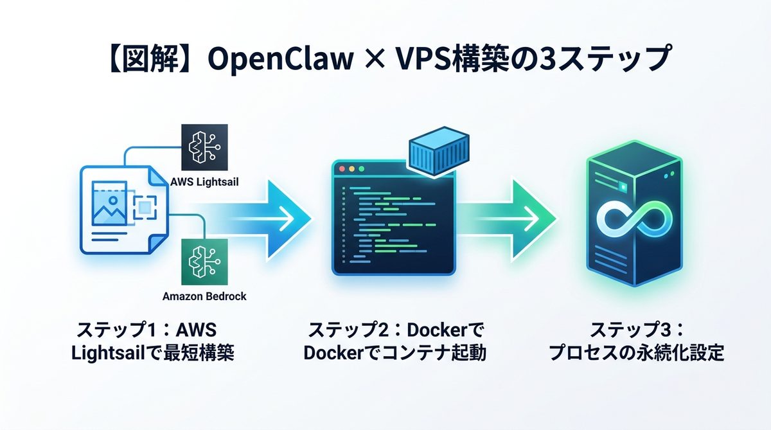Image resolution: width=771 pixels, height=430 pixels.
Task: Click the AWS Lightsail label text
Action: (205, 182)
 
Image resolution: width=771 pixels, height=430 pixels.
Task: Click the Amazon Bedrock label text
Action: (204, 296)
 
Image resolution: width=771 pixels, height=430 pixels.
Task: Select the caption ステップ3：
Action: (636, 332)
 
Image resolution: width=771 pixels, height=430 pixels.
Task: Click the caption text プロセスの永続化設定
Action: (636, 354)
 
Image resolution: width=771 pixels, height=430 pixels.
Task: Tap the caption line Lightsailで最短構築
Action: (152, 354)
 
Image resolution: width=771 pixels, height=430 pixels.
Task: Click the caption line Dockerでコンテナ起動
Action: (395, 354)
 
